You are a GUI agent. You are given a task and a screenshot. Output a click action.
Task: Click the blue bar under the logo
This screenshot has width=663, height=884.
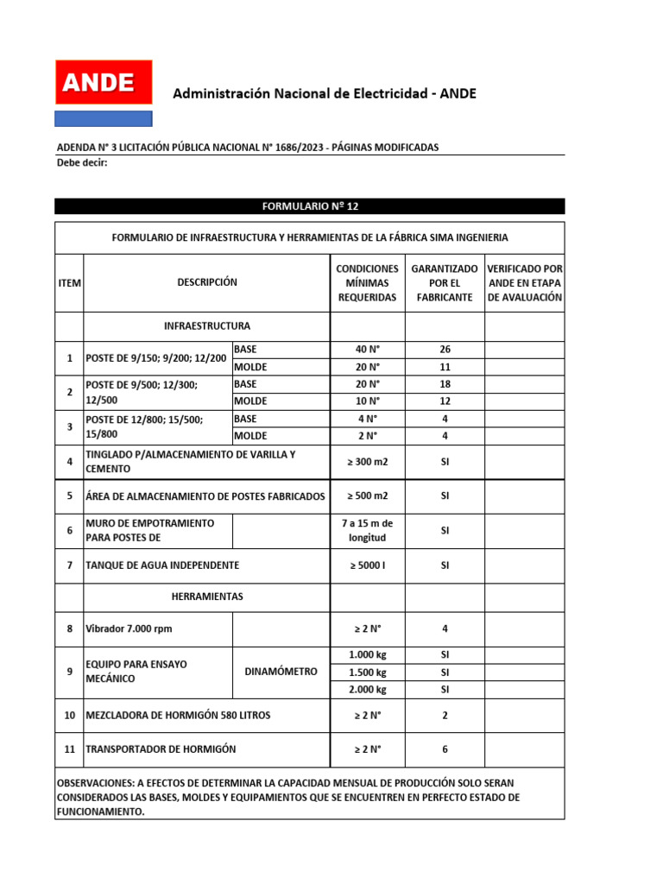tap(104, 118)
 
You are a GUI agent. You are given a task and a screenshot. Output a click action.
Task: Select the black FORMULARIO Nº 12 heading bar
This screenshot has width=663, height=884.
tap(309, 206)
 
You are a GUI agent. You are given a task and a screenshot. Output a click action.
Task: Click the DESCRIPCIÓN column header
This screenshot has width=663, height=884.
tap(207, 282)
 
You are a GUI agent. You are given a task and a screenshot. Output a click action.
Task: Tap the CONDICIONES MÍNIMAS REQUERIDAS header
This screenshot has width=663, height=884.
tap(367, 283)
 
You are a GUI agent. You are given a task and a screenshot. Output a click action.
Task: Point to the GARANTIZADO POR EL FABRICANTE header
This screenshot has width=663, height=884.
tap(445, 283)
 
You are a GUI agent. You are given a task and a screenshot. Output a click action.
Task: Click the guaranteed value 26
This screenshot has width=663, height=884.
tap(445, 350)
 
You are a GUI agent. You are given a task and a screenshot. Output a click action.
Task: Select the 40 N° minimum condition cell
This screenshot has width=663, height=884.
tap(367, 350)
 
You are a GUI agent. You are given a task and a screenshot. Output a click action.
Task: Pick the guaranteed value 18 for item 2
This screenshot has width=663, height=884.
tap(445, 384)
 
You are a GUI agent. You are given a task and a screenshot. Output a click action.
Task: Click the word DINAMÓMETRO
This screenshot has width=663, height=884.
tap(281, 672)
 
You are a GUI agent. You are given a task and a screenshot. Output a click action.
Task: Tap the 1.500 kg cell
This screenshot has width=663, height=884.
tap(367, 672)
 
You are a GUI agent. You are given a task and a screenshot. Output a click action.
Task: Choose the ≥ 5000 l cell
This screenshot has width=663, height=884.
tap(367, 565)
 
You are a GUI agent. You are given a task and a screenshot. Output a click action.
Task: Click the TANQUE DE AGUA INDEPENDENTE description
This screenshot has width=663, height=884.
tap(162, 565)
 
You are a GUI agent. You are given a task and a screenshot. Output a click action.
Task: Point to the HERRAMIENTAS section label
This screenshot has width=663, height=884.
tap(207, 597)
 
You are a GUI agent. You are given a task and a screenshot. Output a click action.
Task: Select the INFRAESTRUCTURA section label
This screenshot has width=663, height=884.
tap(207, 326)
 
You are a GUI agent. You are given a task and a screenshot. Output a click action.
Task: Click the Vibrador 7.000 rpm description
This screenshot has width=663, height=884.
tap(129, 628)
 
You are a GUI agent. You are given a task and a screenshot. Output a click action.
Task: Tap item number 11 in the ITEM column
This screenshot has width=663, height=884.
tap(69, 749)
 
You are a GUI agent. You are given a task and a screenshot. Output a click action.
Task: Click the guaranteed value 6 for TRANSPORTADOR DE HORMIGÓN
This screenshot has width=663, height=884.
tap(445, 749)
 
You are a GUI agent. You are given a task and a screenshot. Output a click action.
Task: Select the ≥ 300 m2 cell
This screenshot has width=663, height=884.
tap(367, 462)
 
